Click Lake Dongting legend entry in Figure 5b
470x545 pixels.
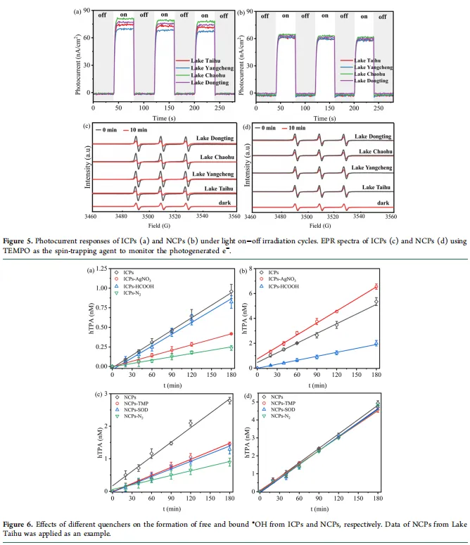coord(371,82)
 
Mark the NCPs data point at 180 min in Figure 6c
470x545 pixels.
coord(229,399)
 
